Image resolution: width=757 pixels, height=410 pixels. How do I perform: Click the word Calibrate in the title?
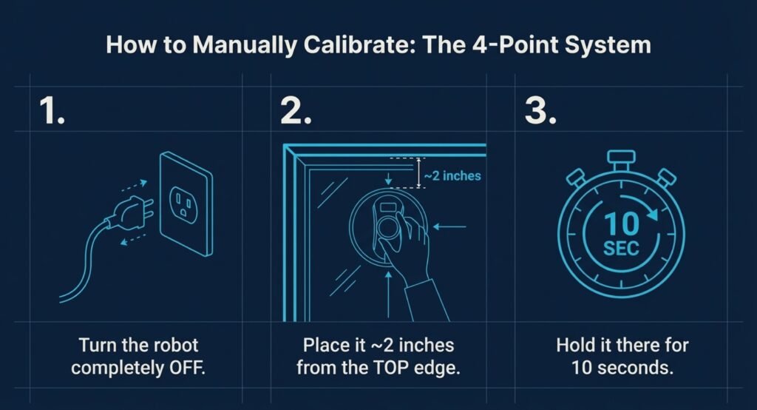coord(360,45)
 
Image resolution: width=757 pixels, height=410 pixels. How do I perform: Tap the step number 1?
coord(52,111)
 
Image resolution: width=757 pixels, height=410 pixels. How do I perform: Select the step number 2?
coord(296,111)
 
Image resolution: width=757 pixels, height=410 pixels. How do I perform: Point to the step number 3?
coord(540,111)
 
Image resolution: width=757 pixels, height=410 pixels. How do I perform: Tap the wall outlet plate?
coord(186,203)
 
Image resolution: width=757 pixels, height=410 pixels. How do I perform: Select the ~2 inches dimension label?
coord(452,175)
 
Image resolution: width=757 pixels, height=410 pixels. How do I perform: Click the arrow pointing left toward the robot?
coord(449,226)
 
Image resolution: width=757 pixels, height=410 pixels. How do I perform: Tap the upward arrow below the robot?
coord(388,295)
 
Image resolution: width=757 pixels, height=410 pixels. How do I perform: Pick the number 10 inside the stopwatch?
coord(621,224)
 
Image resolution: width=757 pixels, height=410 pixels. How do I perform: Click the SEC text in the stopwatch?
coord(621,249)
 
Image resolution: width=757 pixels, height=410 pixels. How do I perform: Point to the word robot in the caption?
coord(176,345)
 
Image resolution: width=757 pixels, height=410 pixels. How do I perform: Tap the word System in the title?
coord(608,45)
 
